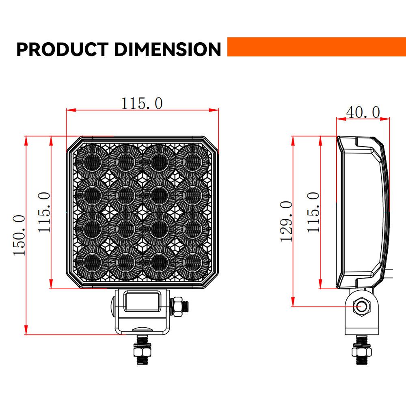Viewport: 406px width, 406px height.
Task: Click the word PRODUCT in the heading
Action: (62, 49)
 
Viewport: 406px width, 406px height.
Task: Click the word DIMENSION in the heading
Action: (167, 49)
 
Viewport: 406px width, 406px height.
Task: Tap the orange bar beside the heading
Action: (316, 47)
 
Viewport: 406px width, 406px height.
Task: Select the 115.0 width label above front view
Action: (142, 104)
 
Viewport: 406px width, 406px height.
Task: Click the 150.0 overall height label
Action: (19, 235)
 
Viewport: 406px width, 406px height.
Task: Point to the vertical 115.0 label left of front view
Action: (45, 212)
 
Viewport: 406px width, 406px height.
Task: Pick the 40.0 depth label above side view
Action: (363, 112)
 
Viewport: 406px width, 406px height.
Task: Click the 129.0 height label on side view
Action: (287, 221)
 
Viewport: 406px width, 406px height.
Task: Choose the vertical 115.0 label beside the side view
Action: (313, 212)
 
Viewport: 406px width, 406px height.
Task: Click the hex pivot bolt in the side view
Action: (360, 306)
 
